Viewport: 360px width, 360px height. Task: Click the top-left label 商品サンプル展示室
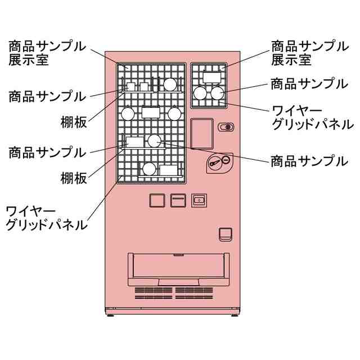pyautogui.click(x=47, y=52)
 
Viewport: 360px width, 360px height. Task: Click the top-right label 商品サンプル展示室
pyautogui.click(x=309, y=52)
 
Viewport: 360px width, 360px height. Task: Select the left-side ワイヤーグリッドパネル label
pyautogui.click(x=47, y=218)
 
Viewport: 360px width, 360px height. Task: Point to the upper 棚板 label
pyautogui.click(x=74, y=121)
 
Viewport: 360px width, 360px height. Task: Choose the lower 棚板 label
pyautogui.click(x=74, y=178)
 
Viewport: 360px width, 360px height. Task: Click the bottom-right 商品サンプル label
pyautogui.click(x=309, y=161)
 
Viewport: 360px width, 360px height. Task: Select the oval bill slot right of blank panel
pyautogui.click(x=227, y=127)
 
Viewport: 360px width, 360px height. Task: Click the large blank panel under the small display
pyautogui.click(x=202, y=133)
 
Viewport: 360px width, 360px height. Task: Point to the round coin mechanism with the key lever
pyautogui.click(x=218, y=162)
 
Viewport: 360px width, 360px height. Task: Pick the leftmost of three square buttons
pyautogui.click(x=156, y=200)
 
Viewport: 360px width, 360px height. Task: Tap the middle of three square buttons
pyautogui.click(x=178, y=200)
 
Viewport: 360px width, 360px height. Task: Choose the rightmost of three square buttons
pyautogui.click(x=199, y=200)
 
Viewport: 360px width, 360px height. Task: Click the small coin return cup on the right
pyautogui.click(x=225, y=233)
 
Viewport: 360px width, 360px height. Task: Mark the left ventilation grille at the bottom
pyautogui.click(x=154, y=293)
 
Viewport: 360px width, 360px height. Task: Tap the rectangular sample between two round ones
pyautogui.click(x=151, y=112)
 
